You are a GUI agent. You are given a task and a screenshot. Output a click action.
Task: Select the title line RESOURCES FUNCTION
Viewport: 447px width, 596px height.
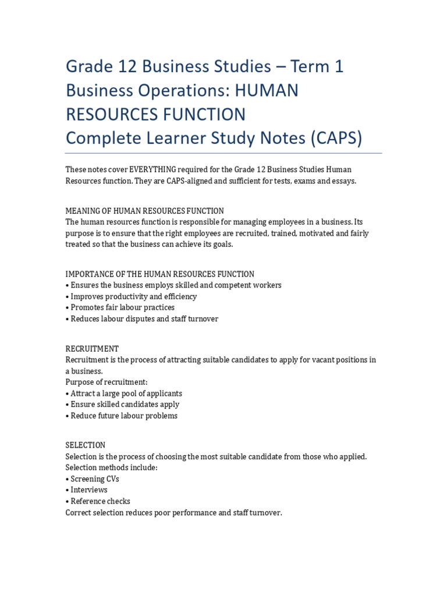(155, 114)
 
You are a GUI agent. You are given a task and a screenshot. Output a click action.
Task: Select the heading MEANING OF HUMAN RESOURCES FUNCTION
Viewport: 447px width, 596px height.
(144, 211)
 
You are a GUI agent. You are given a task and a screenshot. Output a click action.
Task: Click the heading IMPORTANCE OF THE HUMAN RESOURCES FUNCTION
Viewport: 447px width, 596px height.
(159, 274)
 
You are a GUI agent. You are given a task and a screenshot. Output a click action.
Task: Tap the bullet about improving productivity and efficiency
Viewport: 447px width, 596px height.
(133, 296)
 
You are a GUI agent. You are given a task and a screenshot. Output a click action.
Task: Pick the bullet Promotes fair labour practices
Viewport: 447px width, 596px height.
(122, 307)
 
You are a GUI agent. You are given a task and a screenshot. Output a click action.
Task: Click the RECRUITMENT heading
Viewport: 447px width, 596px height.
(92, 349)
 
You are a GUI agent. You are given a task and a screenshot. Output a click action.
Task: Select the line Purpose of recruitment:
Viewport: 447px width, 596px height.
(107, 382)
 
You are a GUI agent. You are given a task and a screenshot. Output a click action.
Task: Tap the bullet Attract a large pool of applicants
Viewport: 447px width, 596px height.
(126, 393)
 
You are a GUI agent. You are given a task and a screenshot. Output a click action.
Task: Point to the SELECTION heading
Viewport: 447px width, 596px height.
(86, 445)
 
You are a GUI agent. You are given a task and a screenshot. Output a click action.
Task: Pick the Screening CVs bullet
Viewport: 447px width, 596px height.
(95, 479)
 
